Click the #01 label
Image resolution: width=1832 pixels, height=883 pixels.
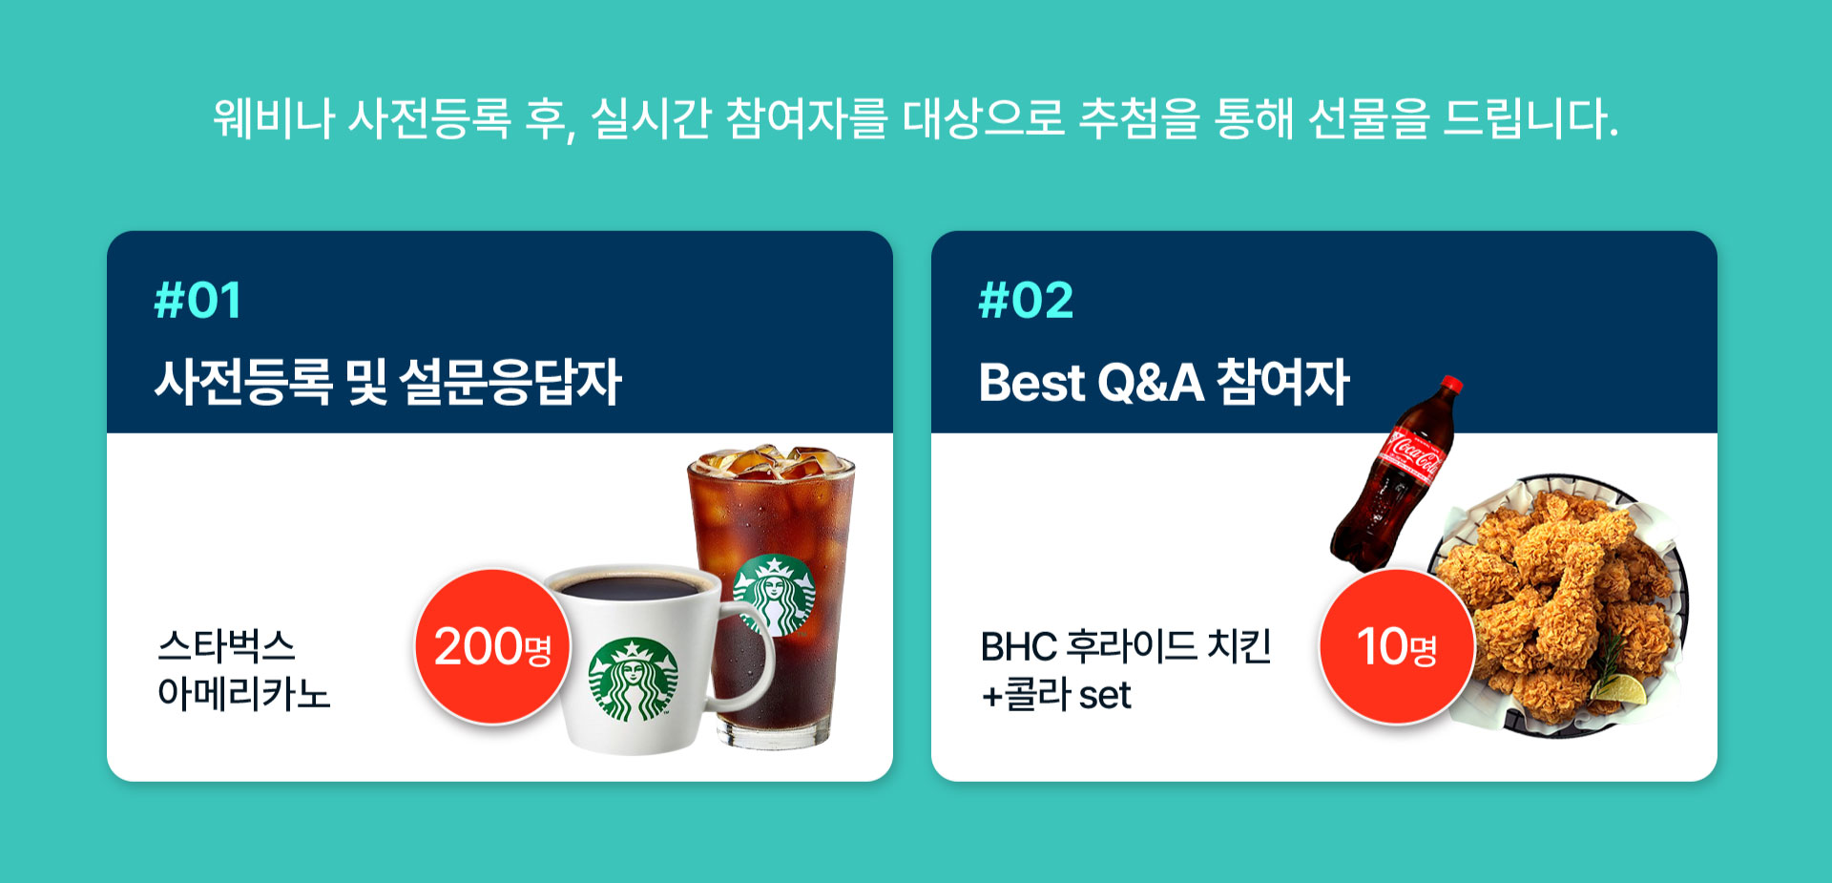click(198, 300)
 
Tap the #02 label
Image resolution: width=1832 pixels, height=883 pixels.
click(1026, 300)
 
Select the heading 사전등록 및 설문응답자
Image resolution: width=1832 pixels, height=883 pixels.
click(388, 382)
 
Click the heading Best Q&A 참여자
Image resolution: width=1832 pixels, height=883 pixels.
click(1164, 382)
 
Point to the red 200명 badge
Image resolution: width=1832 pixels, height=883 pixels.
click(492, 646)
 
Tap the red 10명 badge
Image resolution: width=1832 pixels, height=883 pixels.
click(1397, 646)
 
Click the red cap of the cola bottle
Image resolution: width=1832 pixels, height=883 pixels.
click(1451, 385)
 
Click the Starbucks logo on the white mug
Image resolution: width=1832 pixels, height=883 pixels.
click(633, 680)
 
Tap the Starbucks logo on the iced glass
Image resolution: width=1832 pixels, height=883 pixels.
click(775, 595)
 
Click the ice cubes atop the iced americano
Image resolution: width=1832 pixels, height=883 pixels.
click(771, 462)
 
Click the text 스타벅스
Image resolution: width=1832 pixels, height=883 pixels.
click(226, 646)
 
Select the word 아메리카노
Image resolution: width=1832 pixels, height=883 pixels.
click(244, 694)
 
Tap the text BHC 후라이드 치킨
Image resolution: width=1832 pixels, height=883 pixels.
click(1126, 646)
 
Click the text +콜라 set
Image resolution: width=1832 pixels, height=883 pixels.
click(1056, 695)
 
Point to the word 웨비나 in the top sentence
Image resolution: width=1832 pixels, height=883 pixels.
click(274, 118)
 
